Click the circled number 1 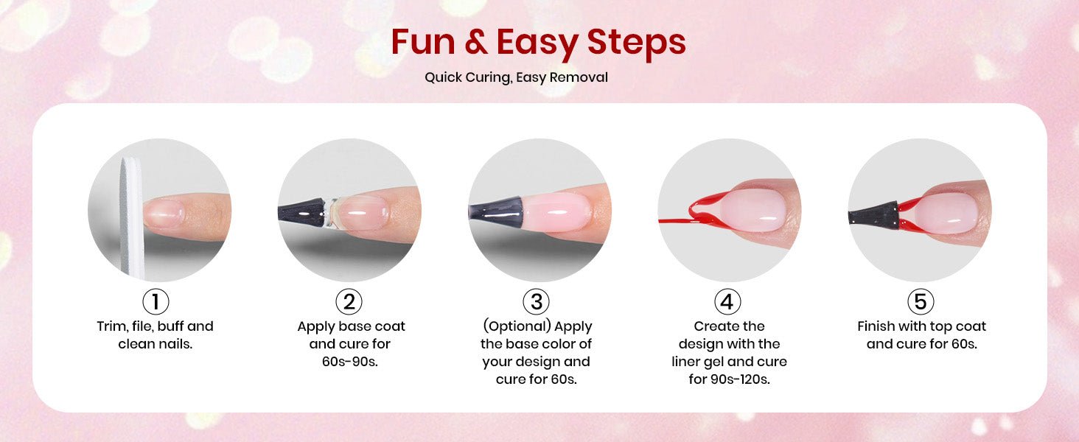click(x=156, y=301)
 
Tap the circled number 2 click(x=349, y=301)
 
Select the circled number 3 click(x=536, y=301)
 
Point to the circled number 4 click(x=727, y=301)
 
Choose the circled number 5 click(x=921, y=301)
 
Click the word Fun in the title click(x=423, y=42)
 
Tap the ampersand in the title click(x=476, y=42)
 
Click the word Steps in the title click(x=636, y=44)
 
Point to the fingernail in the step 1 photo click(x=164, y=214)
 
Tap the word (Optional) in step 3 click(x=517, y=326)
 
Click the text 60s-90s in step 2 click(x=349, y=362)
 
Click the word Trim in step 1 click(x=112, y=326)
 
